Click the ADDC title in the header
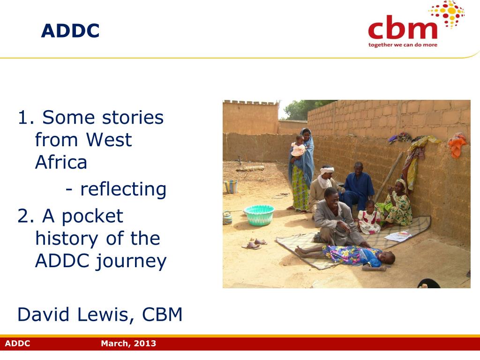click(70, 30)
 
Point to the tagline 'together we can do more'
click(403, 45)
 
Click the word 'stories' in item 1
click(133, 117)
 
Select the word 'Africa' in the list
click(61, 162)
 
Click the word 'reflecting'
click(123, 189)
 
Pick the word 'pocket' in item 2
click(92, 217)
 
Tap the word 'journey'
click(131, 262)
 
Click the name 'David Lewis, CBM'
click(100, 315)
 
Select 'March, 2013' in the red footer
click(128, 343)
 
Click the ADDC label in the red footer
click(17, 343)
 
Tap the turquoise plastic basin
click(259, 215)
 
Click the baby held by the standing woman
click(298, 147)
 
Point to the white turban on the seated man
click(327, 170)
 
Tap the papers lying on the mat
click(398, 236)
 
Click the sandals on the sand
click(254, 244)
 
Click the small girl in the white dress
click(369, 218)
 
